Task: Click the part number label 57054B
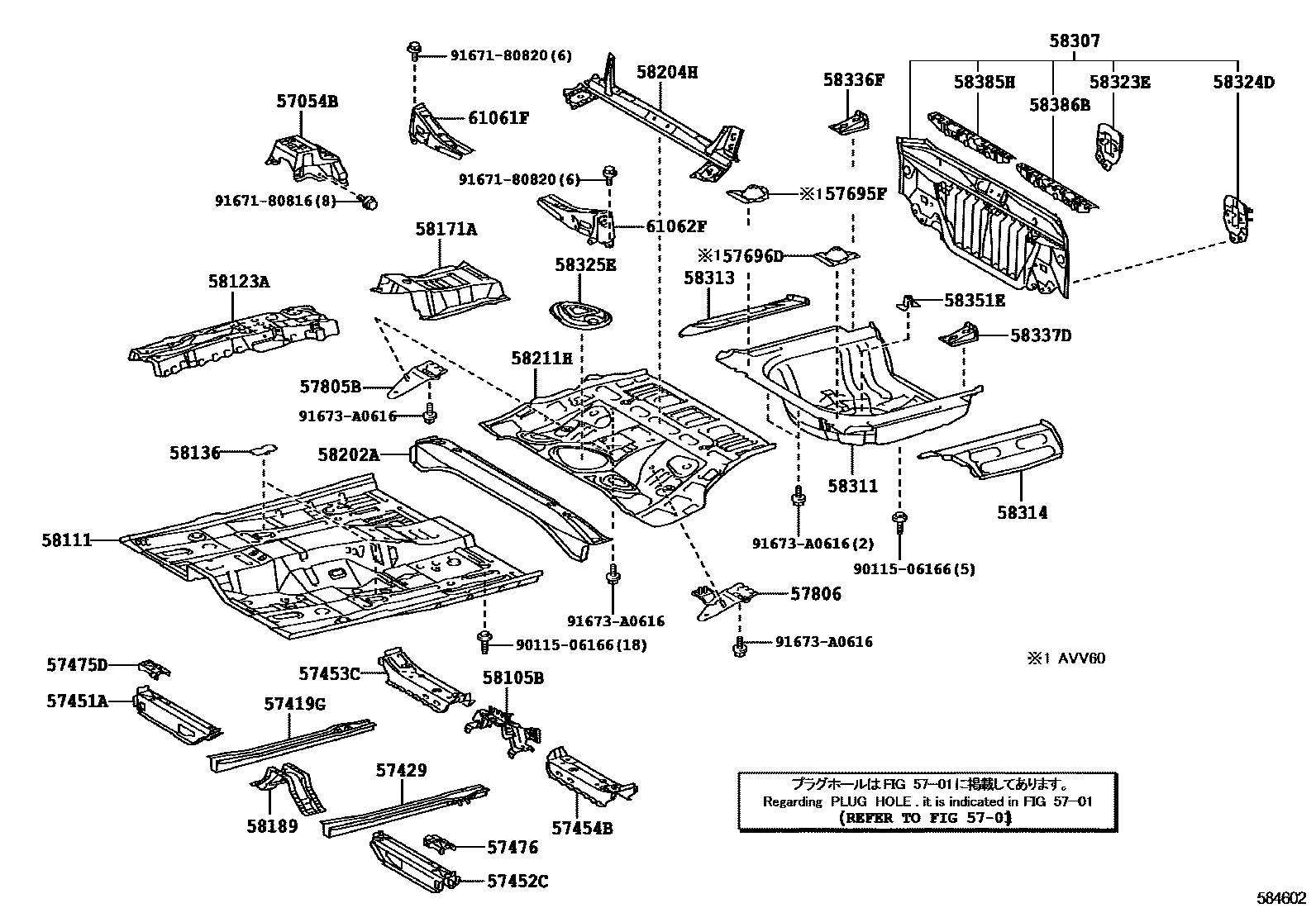307,102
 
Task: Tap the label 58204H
666,72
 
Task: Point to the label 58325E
585,264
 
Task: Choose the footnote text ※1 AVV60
1066,658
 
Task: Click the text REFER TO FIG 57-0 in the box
924,818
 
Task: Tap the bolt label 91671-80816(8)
275,200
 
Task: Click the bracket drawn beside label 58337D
960,335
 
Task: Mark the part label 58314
1022,512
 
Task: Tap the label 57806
815,593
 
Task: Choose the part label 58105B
513,678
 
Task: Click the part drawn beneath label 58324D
1237,219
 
